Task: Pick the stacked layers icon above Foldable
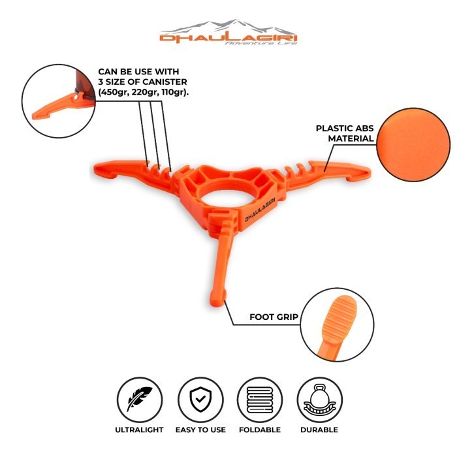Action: coord(259,398)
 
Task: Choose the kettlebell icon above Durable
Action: coord(319,398)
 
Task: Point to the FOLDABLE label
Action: coord(259,430)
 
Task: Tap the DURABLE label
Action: coord(319,430)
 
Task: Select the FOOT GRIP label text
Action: coord(274,317)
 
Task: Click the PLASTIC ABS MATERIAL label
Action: coord(344,133)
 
